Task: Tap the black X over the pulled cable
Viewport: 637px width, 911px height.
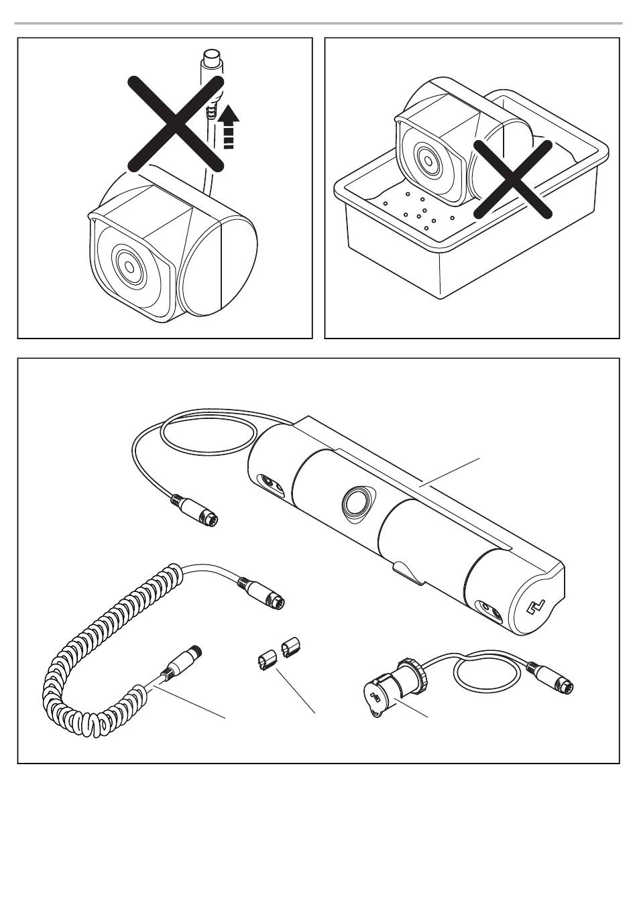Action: (176, 123)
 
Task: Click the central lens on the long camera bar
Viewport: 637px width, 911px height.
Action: (356, 501)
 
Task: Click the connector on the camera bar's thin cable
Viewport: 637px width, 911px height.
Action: (198, 509)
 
